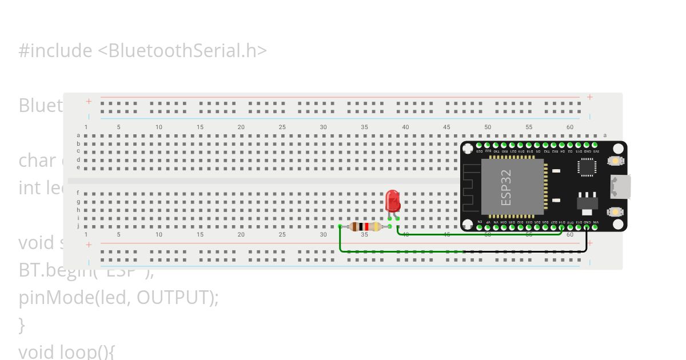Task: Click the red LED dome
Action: (x=393, y=201)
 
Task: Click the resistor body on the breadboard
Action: (x=364, y=227)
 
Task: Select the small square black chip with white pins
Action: (x=587, y=166)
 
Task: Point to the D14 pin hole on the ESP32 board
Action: (x=562, y=227)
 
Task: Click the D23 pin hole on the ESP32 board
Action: (x=479, y=146)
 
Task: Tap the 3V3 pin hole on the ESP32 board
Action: (x=595, y=146)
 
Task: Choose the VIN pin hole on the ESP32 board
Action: (x=595, y=227)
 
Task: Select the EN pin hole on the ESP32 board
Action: (x=479, y=227)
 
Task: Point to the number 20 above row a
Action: (x=241, y=127)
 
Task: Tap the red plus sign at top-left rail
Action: (x=89, y=101)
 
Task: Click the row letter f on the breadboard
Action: (x=78, y=193)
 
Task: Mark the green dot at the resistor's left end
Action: (x=340, y=227)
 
